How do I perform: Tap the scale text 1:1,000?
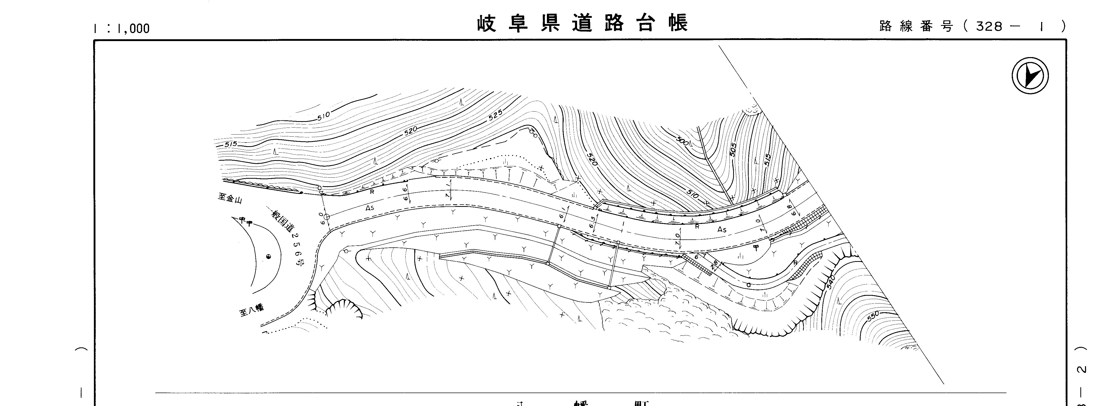click(x=122, y=28)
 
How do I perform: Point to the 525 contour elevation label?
click(x=496, y=115)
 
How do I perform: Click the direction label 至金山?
click(x=230, y=198)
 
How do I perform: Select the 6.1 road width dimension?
click(x=562, y=214)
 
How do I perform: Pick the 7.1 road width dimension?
click(x=448, y=190)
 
